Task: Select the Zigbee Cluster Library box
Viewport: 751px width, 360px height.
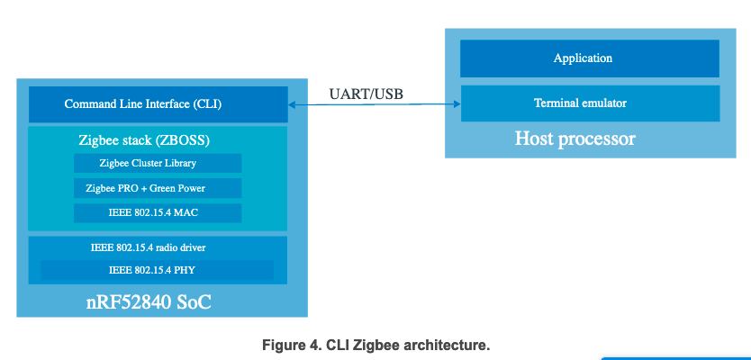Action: pos(158,163)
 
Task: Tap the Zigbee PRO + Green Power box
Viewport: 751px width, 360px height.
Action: pos(158,188)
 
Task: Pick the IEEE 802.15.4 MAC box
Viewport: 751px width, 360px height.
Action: pos(158,213)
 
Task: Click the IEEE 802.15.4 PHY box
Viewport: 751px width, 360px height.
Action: pos(157,270)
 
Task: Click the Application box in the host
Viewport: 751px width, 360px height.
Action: pos(589,58)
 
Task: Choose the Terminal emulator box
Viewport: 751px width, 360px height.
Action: pos(589,103)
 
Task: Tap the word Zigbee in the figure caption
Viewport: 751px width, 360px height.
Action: pos(377,345)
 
